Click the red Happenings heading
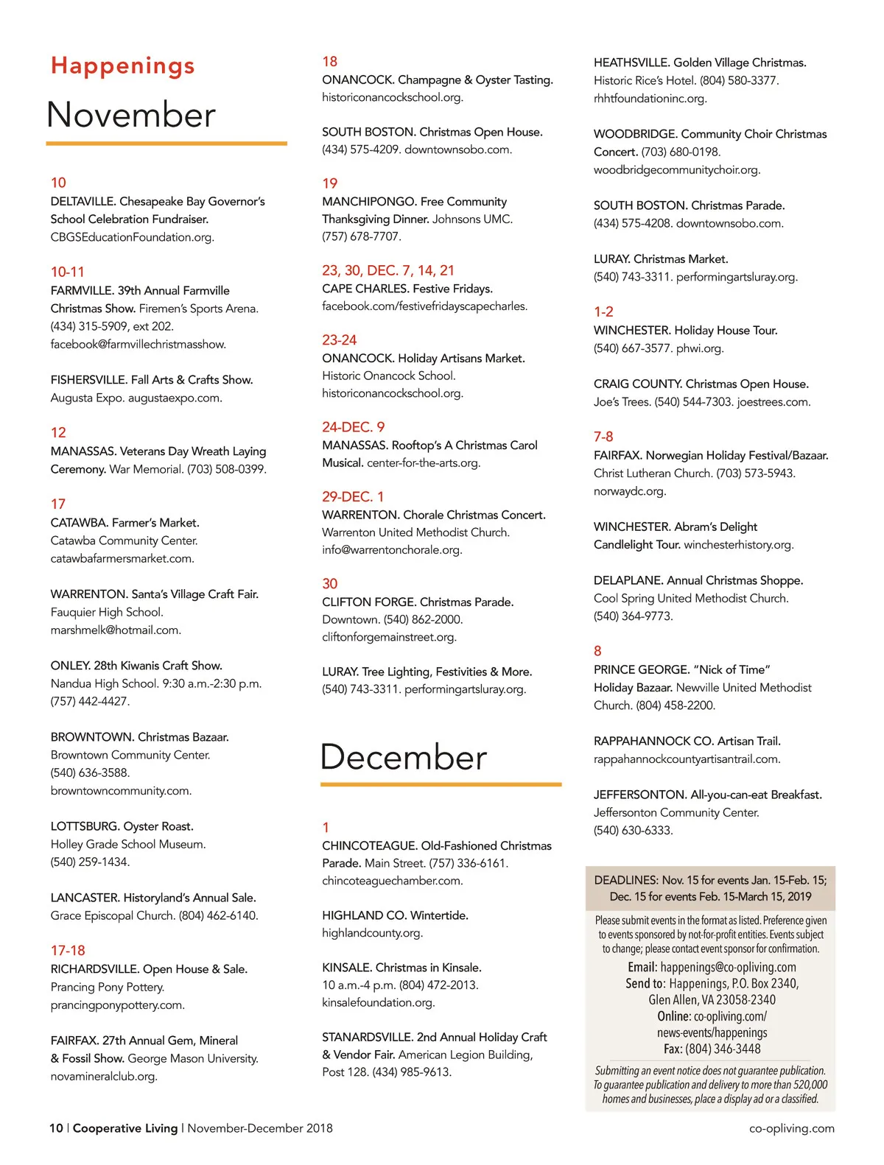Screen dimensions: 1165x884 click(x=123, y=66)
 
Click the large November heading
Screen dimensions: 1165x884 click(x=131, y=115)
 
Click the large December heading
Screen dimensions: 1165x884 click(x=404, y=757)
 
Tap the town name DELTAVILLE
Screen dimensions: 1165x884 click(x=83, y=201)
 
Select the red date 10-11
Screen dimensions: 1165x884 click(x=68, y=272)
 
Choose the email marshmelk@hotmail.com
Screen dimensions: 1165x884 click(x=116, y=630)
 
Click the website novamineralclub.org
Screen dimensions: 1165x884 click(x=104, y=1076)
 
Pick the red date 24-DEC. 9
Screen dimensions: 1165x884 click(x=354, y=427)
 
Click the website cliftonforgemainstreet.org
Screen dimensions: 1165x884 click(x=389, y=637)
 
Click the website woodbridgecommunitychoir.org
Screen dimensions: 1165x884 click(x=677, y=169)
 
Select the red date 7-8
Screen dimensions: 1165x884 click(x=603, y=437)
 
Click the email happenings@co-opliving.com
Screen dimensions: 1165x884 click(x=728, y=967)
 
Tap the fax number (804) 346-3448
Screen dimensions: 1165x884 click(x=723, y=1049)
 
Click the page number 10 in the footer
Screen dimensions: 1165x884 click(x=56, y=1128)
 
